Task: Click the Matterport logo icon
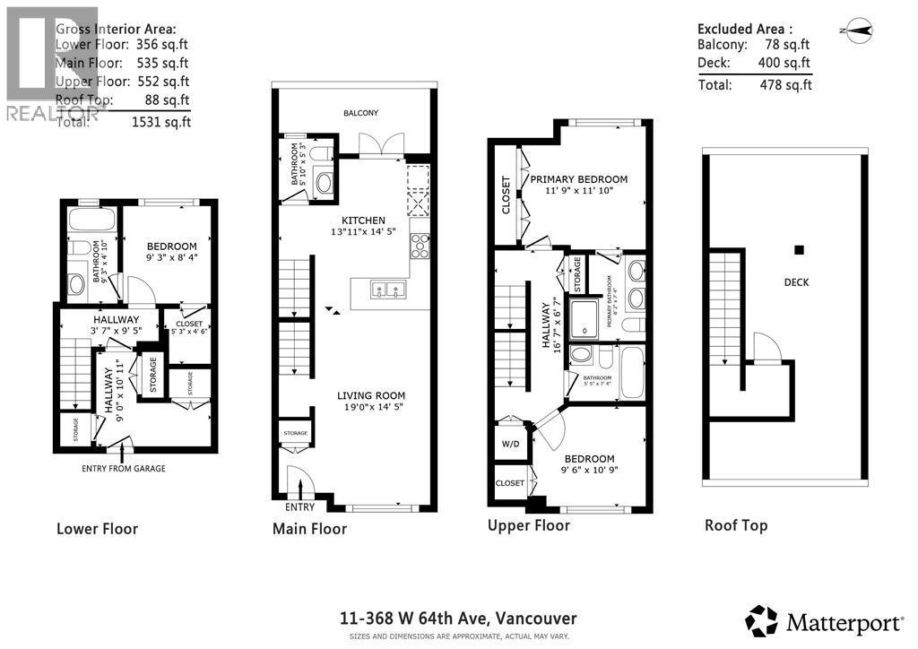(x=761, y=620)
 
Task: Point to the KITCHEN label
(x=362, y=221)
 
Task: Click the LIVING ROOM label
(x=370, y=395)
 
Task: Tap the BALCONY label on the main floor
(x=360, y=113)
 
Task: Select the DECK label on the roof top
(x=795, y=282)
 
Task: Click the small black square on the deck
(x=800, y=250)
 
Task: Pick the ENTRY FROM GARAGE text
(x=123, y=468)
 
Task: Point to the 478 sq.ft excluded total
(x=784, y=85)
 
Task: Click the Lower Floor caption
(x=97, y=528)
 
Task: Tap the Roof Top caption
(x=735, y=525)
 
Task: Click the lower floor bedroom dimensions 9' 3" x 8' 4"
(x=172, y=258)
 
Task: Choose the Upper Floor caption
(x=528, y=525)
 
